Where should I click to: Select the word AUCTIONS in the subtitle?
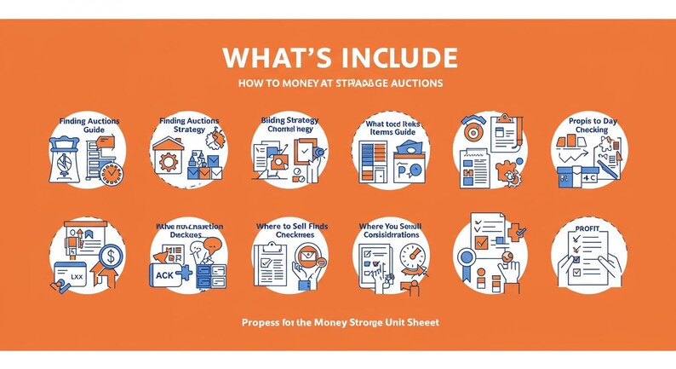[x=415, y=84]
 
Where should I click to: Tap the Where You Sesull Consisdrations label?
[x=391, y=230]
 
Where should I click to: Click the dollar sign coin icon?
[x=110, y=255]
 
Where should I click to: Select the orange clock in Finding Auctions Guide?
[x=110, y=174]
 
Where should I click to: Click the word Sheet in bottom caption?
[x=421, y=323]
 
